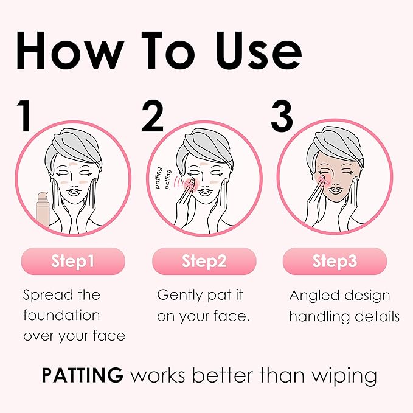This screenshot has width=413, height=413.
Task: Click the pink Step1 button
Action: click(73, 262)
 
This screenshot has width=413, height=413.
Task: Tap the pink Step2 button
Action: click(204, 262)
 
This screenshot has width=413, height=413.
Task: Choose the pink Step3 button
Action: click(335, 262)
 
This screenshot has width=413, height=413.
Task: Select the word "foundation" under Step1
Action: click(62, 316)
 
